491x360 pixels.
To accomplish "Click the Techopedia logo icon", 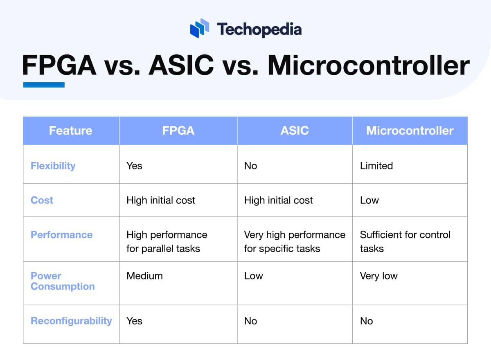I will [200, 29].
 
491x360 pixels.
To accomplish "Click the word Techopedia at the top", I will [259, 29].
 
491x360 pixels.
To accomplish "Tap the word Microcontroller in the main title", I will [368, 66].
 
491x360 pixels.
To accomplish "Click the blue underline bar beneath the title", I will [44, 85].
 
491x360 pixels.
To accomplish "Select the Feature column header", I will [70, 130].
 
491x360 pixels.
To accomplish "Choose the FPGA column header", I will [178, 130].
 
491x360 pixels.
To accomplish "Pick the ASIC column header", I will [295, 130].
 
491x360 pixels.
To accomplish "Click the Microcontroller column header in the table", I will [410, 130].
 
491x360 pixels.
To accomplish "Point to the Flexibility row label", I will [53, 166].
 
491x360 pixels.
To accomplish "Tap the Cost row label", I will [42, 200].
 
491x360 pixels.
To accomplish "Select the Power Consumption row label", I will [62, 281].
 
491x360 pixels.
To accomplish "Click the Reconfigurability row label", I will [71, 321].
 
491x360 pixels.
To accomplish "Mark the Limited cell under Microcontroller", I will [376, 166].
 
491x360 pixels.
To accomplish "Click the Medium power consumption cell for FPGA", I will [144, 276].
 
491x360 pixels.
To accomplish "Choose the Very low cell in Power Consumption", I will [378, 276].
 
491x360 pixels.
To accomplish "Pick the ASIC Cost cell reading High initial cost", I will [278, 200].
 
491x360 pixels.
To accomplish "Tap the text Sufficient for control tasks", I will [405, 241].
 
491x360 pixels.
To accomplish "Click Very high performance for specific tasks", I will [295, 241].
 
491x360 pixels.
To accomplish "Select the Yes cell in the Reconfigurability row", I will [134, 321].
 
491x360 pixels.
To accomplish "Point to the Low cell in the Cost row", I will [369, 200].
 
